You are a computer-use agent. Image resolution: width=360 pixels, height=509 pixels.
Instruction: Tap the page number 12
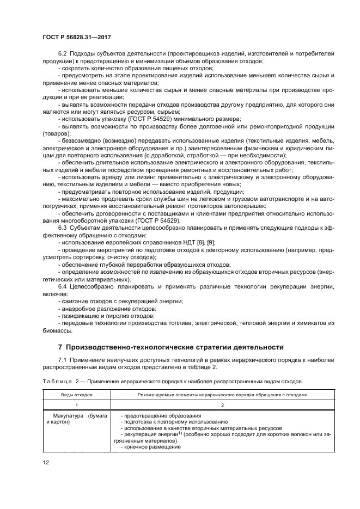(x=46, y=463)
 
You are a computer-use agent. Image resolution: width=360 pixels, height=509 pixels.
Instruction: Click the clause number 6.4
(x=62, y=286)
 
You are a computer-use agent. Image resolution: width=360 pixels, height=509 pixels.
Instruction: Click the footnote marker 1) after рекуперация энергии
(x=179, y=433)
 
